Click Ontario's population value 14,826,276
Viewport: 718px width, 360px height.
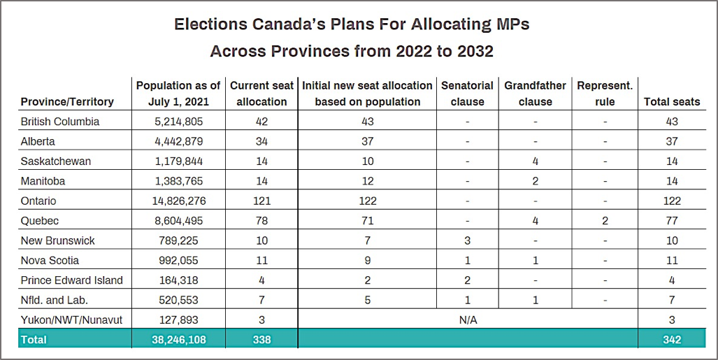[178, 201]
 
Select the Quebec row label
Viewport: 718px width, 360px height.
[40, 221]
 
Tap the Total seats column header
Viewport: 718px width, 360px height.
[672, 101]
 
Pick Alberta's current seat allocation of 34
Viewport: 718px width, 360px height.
[261, 141]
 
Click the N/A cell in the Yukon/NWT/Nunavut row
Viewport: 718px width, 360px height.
[468, 319]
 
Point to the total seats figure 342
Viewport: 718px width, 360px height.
[672, 340]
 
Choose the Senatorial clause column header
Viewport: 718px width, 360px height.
[467, 94]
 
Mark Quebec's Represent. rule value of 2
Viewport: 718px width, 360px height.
[605, 221]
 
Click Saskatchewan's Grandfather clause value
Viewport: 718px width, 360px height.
[535, 161]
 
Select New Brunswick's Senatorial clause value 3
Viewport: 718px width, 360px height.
[467, 240]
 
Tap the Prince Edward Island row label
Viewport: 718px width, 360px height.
[72, 280]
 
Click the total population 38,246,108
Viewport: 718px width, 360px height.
[178, 340]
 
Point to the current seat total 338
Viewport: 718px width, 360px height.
[261, 340]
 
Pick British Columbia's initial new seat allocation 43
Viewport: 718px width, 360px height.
[367, 122]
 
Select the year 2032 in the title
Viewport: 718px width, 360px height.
[475, 51]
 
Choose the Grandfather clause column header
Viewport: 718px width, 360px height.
[535, 94]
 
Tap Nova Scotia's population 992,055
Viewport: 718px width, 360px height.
[178, 260]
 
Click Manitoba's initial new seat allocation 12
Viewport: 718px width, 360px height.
[367, 181]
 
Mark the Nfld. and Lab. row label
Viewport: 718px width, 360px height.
[54, 300]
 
